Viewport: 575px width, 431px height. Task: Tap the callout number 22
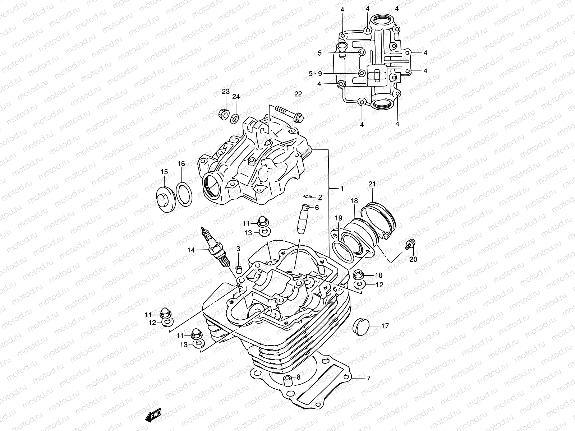298,94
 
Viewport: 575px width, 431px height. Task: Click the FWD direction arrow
153,414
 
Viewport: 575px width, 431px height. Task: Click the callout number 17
385,326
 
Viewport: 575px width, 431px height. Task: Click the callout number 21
372,185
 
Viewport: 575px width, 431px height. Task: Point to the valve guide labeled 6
301,220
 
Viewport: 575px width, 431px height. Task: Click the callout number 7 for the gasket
368,378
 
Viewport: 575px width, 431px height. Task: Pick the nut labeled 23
223,114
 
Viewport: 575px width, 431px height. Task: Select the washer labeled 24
235,117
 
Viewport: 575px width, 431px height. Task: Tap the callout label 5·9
316,74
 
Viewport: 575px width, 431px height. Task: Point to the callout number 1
342,188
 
